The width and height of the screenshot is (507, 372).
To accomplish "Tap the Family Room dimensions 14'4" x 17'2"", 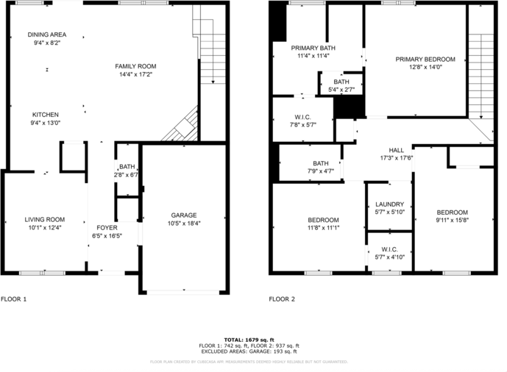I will (135, 75).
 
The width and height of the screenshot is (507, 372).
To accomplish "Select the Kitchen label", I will (45, 115).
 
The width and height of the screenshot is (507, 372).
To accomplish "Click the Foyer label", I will (107, 228).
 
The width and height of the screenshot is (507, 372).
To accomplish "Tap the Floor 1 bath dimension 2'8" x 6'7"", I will (127, 175).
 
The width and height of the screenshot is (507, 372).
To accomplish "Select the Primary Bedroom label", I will (425, 60).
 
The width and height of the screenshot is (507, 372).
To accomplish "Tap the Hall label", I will (396, 149).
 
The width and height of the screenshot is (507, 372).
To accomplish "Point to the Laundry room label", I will (389, 204).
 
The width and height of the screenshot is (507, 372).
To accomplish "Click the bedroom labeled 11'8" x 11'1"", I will (323, 220).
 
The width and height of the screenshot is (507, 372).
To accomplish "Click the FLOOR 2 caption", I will (282, 299).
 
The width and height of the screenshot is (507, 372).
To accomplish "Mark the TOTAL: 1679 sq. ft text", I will (249, 339).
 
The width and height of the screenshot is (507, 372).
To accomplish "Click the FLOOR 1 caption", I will (13, 299).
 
